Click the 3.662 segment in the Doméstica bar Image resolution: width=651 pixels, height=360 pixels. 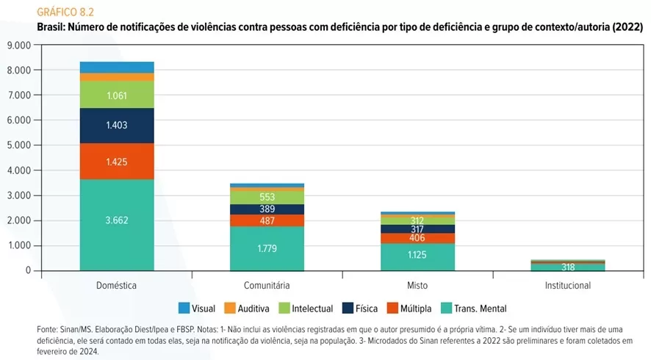117,220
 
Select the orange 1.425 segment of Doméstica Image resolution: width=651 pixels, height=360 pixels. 117,162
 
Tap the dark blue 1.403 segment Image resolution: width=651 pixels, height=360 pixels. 117,126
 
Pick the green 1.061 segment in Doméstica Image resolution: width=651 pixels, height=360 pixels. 117,96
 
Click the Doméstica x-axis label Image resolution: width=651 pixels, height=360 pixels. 117,285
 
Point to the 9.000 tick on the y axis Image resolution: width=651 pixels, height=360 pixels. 18,45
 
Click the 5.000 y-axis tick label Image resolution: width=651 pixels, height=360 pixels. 18,145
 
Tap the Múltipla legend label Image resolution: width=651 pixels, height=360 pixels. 415,309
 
